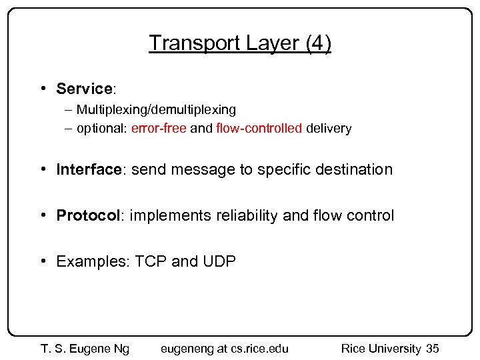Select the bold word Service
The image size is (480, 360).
(x=83, y=89)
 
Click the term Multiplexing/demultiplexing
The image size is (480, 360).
(x=156, y=109)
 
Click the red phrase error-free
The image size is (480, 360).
(x=159, y=129)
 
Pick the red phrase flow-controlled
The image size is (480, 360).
(x=259, y=129)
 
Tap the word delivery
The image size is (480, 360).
(x=328, y=129)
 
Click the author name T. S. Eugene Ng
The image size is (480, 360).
(x=85, y=348)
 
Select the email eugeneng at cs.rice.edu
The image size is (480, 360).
(x=225, y=348)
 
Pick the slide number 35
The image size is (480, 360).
(x=432, y=348)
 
